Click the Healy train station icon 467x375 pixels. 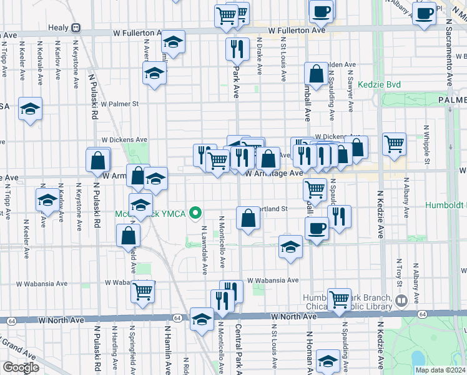(x=76, y=27)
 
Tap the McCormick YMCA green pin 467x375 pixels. (x=196, y=213)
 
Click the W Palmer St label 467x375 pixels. (x=119, y=104)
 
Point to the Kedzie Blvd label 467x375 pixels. (x=379, y=84)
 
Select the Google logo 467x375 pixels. (x=21, y=367)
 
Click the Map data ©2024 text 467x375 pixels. (x=431, y=370)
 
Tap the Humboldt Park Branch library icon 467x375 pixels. (x=402, y=300)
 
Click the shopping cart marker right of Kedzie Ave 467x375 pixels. (x=394, y=144)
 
